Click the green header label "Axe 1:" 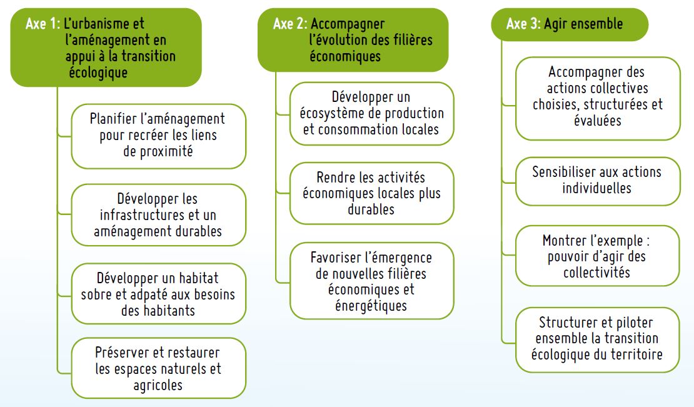coord(43,24)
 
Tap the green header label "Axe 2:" coord(290,24)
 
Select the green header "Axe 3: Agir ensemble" coord(564,24)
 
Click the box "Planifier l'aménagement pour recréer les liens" coord(158,135)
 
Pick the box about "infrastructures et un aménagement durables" coord(158,215)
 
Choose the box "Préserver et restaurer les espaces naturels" coord(158,368)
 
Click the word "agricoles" coord(158,384)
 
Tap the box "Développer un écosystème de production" coord(371,114)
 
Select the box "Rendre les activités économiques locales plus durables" coord(371,193)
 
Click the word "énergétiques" coord(371,306)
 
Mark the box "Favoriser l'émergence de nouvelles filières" coord(371,281)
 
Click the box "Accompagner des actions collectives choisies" coord(597,97)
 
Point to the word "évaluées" coord(597,121)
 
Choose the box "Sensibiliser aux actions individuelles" coord(597,180)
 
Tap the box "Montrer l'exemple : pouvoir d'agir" coord(597,256)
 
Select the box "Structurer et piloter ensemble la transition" coord(597,338)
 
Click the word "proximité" coord(158,151)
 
